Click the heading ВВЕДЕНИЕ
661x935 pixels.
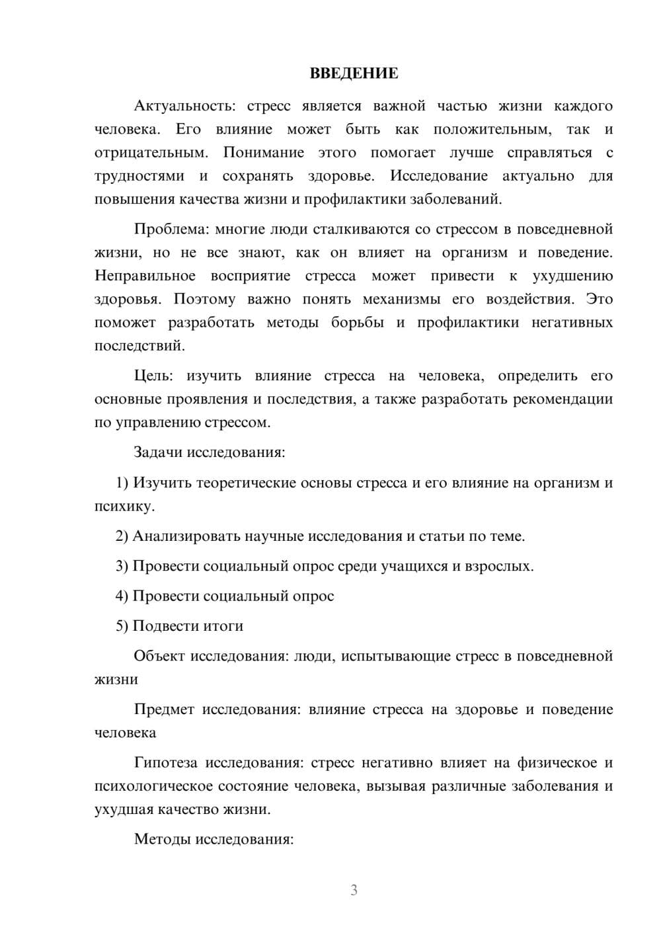(x=354, y=73)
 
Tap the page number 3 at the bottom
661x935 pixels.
(x=354, y=890)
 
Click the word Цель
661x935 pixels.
(x=153, y=376)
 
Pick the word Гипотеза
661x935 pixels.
(x=165, y=762)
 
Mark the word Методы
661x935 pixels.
(x=161, y=839)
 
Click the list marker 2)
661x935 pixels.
(x=122, y=536)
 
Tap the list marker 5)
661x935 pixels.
(x=122, y=626)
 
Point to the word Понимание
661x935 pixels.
(x=263, y=153)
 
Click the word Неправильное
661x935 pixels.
(x=145, y=276)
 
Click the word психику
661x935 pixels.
(x=124, y=507)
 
